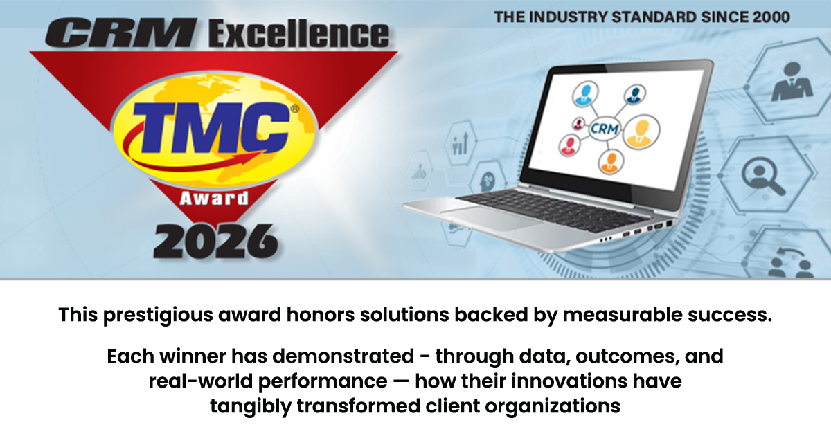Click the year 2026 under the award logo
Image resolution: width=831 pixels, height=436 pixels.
pos(215,242)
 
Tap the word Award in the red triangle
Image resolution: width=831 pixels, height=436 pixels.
pos(214,199)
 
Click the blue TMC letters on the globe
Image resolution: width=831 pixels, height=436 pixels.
pos(211,127)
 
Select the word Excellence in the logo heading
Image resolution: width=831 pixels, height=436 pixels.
pos(298,35)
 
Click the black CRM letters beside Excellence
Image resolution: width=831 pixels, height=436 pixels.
pos(121,33)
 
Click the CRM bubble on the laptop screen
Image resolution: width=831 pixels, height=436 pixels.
pos(605,129)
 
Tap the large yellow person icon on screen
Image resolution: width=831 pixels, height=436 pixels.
pos(641,131)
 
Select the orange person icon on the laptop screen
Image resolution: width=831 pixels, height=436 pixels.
pos(611,162)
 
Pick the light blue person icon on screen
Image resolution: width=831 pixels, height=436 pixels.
pos(585,94)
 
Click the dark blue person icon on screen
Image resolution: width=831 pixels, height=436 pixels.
pos(635,95)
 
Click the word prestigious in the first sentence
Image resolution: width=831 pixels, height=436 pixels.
pos(158,315)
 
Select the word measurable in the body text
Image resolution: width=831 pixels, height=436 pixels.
pos(622,315)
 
